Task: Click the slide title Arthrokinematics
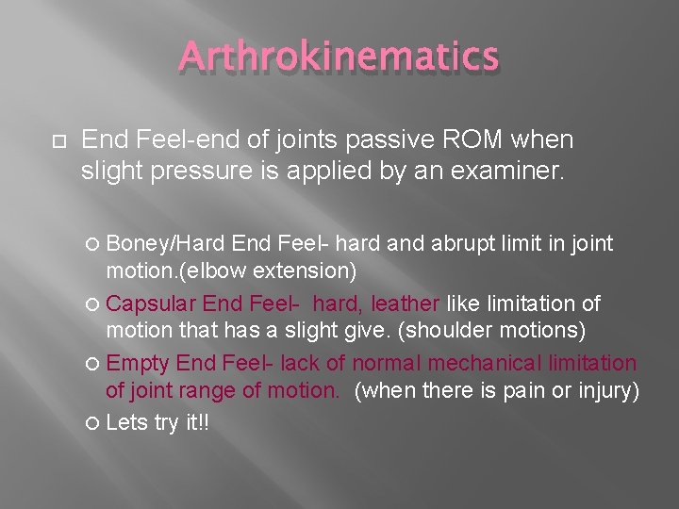click(x=339, y=57)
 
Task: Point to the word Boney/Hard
click(x=165, y=244)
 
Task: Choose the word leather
click(x=406, y=304)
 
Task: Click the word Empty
click(x=139, y=363)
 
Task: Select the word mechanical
click(x=484, y=363)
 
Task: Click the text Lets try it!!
click(x=157, y=422)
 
